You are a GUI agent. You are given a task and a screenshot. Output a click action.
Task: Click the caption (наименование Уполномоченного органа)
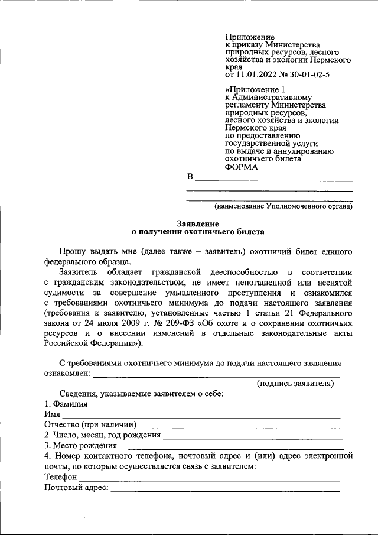283,207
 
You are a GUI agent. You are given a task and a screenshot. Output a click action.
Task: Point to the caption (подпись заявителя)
295,383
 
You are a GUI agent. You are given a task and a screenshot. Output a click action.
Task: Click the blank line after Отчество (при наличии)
239,426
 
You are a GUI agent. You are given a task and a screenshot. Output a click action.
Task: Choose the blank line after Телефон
210,478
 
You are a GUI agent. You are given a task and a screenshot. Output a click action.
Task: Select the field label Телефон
61,477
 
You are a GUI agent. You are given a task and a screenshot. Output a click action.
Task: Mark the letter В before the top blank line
190,177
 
